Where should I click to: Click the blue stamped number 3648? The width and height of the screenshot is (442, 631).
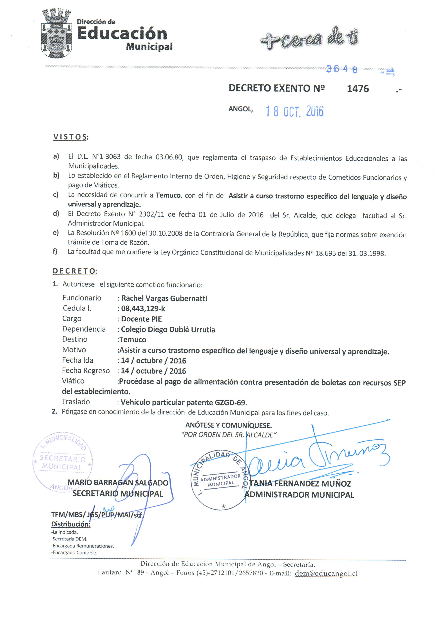342,69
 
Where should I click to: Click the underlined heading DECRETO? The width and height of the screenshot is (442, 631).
75,271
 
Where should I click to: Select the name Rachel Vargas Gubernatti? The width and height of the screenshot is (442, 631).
164,298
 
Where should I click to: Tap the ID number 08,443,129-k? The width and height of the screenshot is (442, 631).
143,309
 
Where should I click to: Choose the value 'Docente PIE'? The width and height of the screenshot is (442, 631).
141,319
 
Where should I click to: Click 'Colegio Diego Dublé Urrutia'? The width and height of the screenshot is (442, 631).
168,329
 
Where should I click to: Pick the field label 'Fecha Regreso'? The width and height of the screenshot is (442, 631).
86,371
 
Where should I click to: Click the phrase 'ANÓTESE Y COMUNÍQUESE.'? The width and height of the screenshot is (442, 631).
228,425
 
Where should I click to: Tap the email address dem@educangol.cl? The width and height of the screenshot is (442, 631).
326,574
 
